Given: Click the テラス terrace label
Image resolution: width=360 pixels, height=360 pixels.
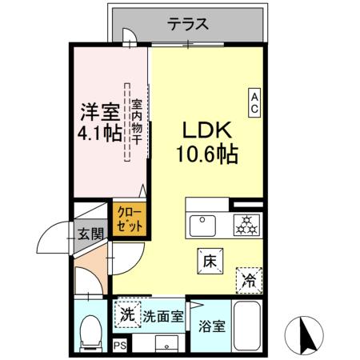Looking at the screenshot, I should [x=190, y=25].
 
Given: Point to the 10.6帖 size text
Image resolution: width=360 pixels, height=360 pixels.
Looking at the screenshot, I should [x=206, y=154].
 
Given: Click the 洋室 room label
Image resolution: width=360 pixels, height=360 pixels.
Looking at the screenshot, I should [x=100, y=110].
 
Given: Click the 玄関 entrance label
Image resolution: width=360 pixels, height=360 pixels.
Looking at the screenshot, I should [x=90, y=234].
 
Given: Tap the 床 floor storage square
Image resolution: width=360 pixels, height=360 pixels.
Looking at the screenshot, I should [x=208, y=260].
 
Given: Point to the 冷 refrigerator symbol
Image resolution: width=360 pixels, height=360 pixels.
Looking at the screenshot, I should [x=249, y=279].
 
